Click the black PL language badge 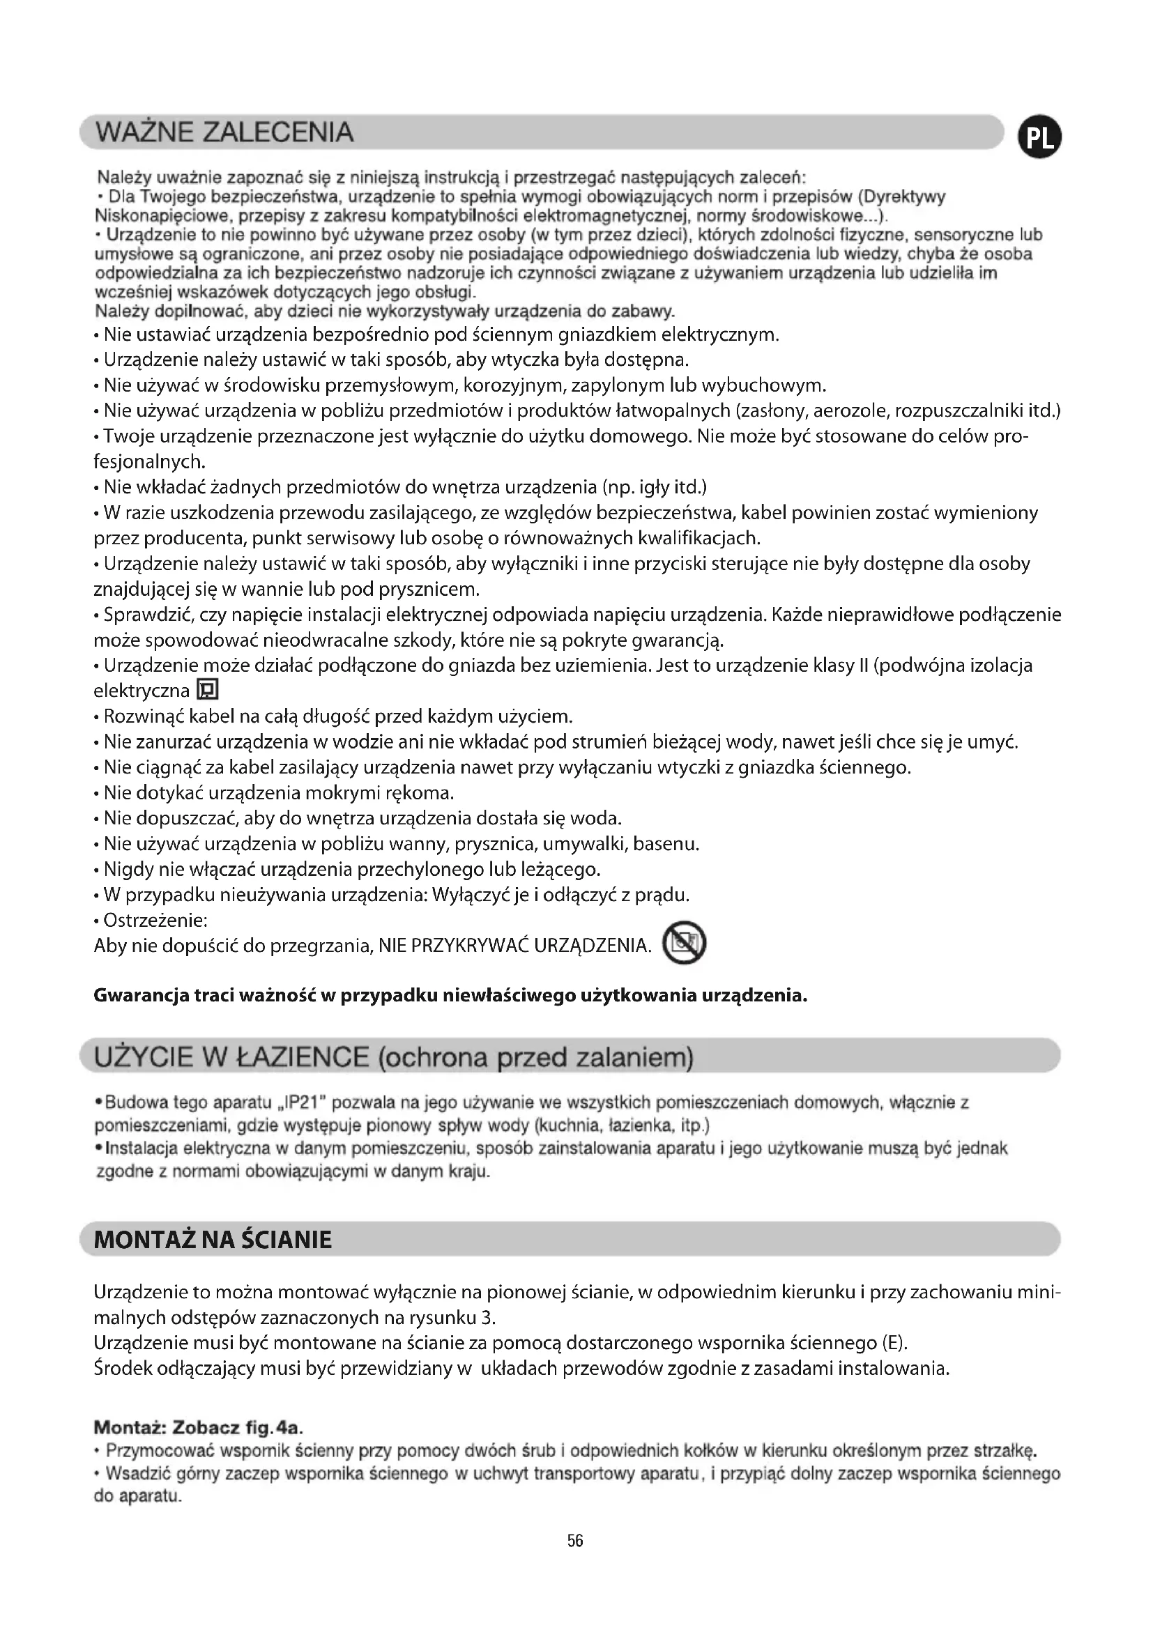[x=1039, y=139]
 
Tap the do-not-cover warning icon [x=684, y=944]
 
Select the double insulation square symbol [x=208, y=690]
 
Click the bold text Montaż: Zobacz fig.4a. [x=203, y=1427]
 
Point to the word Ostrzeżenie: [x=155, y=920]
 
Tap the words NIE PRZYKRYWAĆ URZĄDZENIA [x=514, y=946]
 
